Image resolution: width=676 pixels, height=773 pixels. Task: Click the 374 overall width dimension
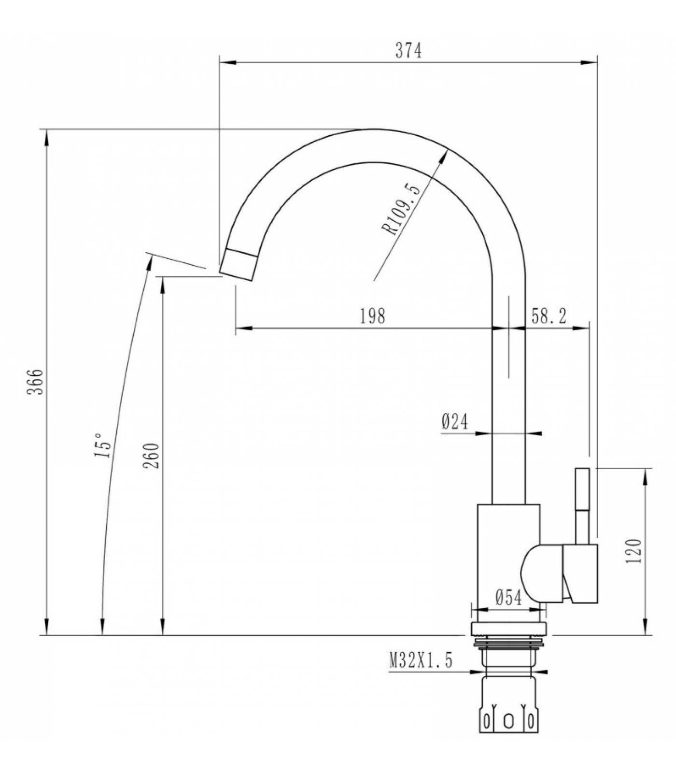pyautogui.click(x=408, y=50)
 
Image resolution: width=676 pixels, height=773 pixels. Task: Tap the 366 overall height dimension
pyautogui.click(x=35, y=382)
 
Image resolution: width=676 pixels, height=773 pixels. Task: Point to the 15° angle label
pyautogui.click(x=103, y=445)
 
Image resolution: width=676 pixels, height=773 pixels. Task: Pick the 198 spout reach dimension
pyautogui.click(x=373, y=316)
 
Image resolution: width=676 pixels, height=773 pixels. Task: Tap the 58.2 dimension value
pyautogui.click(x=549, y=316)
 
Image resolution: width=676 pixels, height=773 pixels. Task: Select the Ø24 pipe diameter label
pyautogui.click(x=455, y=422)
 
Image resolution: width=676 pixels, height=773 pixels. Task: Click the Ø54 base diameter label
pyautogui.click(x=508, y=598)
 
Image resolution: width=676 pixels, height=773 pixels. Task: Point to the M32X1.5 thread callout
pyautogui.click(x=421, y=660)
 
